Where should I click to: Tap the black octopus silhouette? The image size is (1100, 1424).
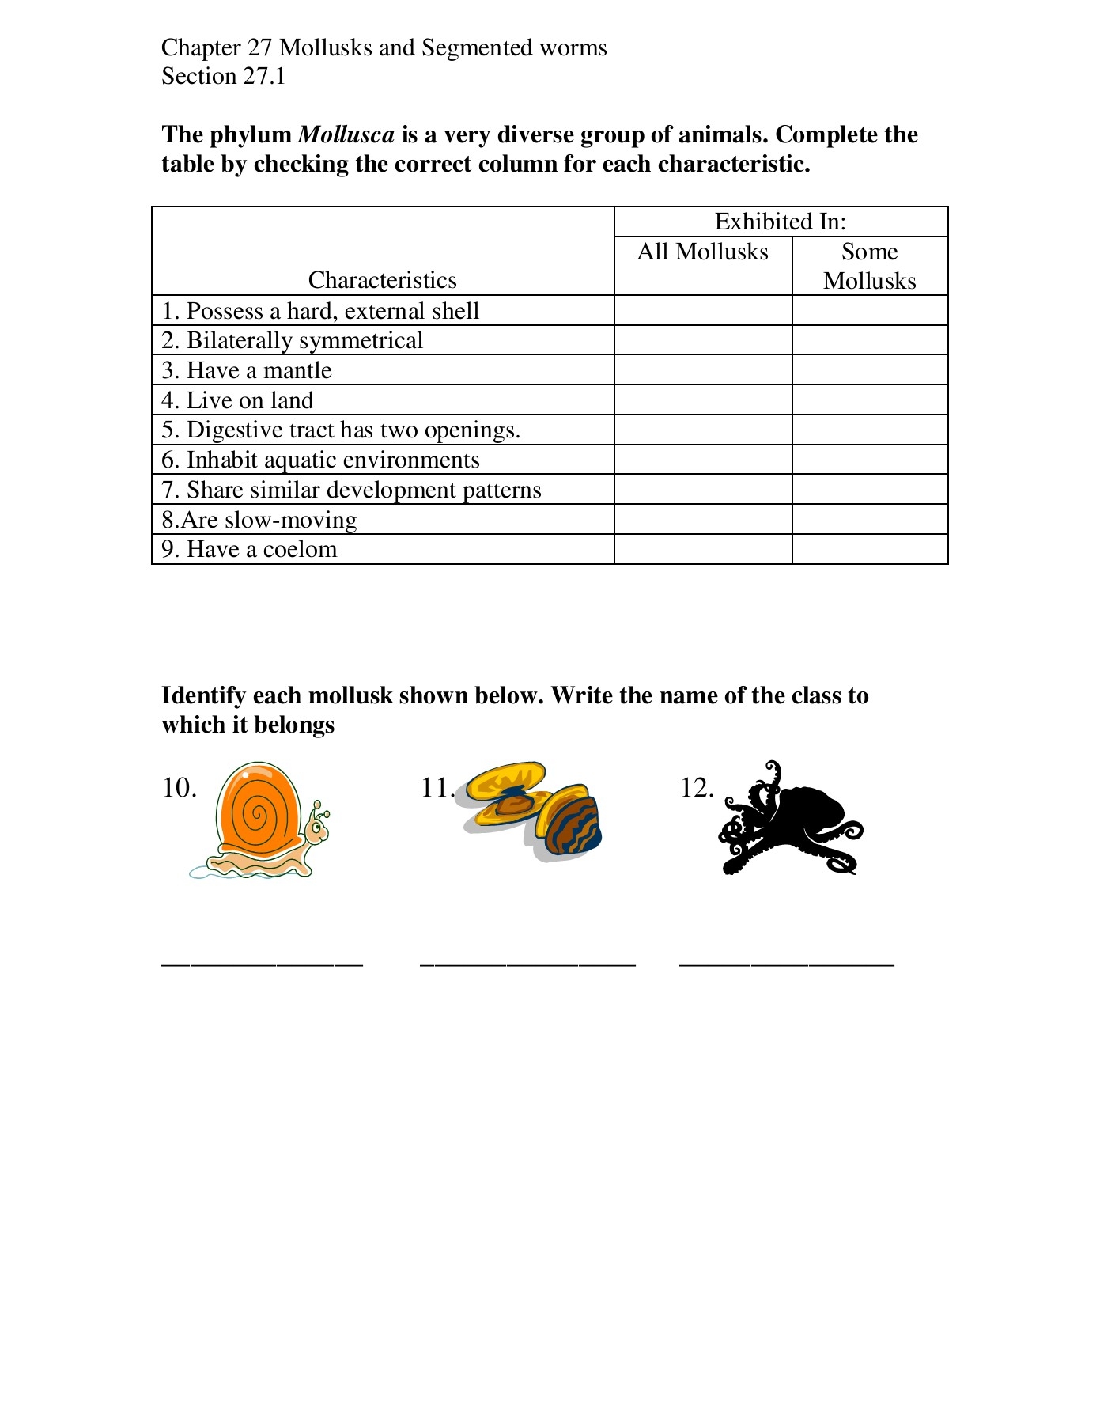click(791, 819)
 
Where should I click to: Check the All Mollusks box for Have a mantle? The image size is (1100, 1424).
click(703, 370)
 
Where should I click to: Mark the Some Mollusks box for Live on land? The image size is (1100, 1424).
click(870, 400)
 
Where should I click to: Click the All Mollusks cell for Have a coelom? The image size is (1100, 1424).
click(703, 550)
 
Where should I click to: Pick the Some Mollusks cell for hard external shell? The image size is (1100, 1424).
click(870, 311)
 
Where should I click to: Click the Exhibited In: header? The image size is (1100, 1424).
click(781, 222)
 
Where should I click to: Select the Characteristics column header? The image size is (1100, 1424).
click(383, 280)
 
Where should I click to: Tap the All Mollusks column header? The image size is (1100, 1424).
click(703, 252)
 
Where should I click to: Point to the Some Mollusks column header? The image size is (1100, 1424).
click(870, 266)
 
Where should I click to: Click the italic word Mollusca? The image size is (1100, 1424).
click(346, 134)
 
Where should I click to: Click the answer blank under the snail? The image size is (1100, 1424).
click(262, 962)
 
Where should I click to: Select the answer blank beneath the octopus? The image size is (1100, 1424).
click(787, 962)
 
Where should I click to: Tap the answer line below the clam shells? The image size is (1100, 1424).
click(527, 962)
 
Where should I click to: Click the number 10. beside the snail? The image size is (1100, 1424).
click(180, 788)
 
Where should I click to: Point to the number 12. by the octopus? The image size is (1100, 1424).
click(697, 788)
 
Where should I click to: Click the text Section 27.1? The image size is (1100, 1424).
click(224, 77)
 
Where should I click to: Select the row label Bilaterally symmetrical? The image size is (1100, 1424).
click(304, 341)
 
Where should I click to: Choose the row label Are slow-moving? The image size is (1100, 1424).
click(259, 520)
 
